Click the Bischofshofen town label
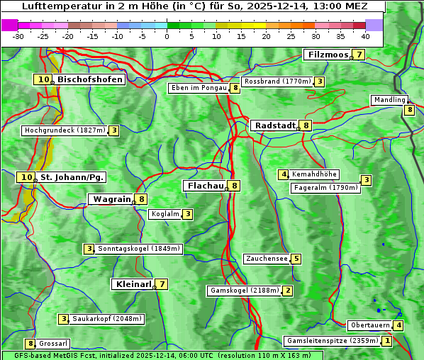pyautogui.click(x=90, y=80)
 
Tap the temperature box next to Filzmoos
pyautogui.click(x=359, y=55)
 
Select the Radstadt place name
pyautogui.click(x=274, y=125)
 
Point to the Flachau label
pyautogui.click(x=205, y=186)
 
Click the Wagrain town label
pyautogui.click(x=112, y=199)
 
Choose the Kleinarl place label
pyautogui.click(x=133, y=284)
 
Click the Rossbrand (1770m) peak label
pyautogui.click(x=277, y=81)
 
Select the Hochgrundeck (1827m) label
pyautogui.click(x=65, y=130)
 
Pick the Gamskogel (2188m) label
pyautogui.click(x=245, y=291)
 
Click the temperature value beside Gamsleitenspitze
pyautogui.click(x=386, y=341)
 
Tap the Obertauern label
pyautogui.click(x=371, y=325)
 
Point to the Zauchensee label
pyautogui.click(x=267, y=259)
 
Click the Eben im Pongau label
pyautogui.click(x=199, y=88)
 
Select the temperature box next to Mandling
pyautogui.click(x=409, y=110)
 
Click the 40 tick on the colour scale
pyautogui.click(x=365, y=36)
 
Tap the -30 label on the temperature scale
pyautogui.click(x=18, y=36)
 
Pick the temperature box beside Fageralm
pyautogui.click(x=366, y=180)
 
